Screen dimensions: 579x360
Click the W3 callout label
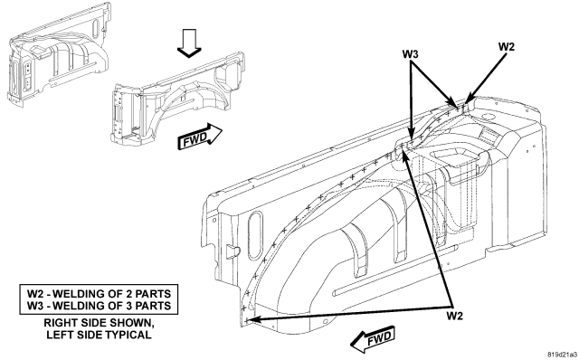coord(410,54)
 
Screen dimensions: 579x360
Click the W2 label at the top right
coord(507,47)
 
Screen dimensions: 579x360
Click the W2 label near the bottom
coord(454,316)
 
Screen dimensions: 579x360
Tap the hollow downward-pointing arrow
coord(189,43)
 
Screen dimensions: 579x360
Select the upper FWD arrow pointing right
coord(200,137)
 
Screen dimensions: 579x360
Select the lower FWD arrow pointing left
coord(372,338)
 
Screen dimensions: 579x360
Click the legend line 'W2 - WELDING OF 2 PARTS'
coord(99,294)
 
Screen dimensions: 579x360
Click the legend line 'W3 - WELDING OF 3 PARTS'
coord(99,306)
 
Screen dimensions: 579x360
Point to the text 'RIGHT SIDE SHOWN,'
coord(99,323)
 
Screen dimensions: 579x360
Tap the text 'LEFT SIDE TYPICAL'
coord(99,335)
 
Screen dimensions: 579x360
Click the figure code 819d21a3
coord(562,355)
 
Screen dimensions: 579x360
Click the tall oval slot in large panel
coord(255,236)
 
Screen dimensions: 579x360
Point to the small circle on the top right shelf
coord(488,117)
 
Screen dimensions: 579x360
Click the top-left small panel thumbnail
coord(58,54)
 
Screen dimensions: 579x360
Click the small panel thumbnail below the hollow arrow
coord(177,98)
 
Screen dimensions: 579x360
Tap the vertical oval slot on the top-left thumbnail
coord(96,28)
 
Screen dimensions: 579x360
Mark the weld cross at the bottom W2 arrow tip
coord(247,321)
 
